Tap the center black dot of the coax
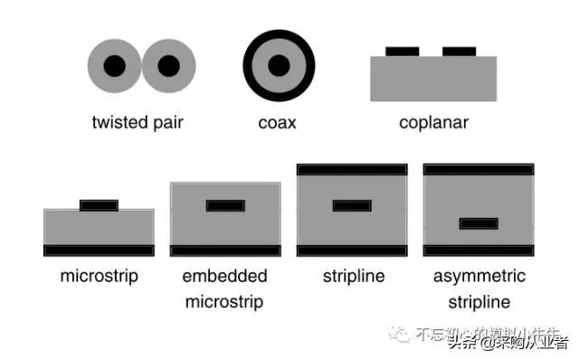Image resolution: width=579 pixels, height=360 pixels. (279, 66)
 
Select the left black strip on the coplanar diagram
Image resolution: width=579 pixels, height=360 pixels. (403, 51)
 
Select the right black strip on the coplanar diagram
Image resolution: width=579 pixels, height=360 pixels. (459, 51)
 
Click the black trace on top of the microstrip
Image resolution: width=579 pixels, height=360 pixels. (99, 205)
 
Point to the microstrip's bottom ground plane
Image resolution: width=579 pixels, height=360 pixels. (99, 250)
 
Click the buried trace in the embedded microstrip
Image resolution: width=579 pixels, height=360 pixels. (225, 205)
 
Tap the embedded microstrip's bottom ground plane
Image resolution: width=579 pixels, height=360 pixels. (225, 251)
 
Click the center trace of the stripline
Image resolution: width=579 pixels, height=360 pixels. (351, 205)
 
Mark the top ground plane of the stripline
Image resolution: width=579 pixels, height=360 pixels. (351, 169)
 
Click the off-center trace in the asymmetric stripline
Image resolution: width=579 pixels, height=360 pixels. (478, 223)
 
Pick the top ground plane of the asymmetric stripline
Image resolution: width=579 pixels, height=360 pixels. (478, 169)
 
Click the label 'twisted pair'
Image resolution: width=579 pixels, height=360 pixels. (138, 122)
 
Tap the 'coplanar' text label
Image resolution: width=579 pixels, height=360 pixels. (433, 122)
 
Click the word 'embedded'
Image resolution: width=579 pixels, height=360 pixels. (224, 276)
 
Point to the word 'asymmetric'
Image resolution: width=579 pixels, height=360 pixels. (478, 276)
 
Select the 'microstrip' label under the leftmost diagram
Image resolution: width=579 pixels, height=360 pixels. (99, 276)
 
